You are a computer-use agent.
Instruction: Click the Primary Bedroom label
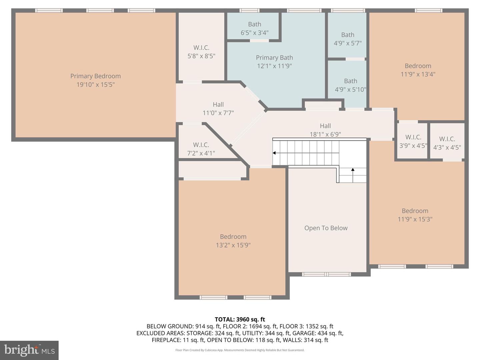tap(95, 76)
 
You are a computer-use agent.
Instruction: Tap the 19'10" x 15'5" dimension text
tap(95, 85)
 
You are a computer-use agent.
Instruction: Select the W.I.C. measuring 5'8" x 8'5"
tap(201, 52)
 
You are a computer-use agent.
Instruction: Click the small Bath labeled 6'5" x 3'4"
tap(254, 28)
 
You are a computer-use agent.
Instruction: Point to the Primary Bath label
tap(274, 58)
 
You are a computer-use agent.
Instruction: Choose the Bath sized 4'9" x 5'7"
tap(347, 39)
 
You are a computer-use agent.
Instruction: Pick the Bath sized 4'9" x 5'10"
tap(350, 85)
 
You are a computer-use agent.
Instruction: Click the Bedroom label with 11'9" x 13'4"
tap(418, 66)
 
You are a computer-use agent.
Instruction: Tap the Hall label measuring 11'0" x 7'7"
tap(218, 105)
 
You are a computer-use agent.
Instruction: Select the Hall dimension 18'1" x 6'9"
tap(325, 134)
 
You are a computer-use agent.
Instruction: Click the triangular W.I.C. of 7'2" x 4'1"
tap(201, 149)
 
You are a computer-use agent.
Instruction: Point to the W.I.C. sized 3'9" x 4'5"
tap(413, 141)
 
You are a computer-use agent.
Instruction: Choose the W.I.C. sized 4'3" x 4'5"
tap(447, 143)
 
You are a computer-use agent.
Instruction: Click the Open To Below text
tap(326, 228)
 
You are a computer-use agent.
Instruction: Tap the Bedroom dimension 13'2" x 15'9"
tap(233, 245)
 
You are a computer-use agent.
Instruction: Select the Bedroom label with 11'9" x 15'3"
tap(415, 211)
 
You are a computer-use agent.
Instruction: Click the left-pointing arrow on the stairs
tap(274, 153)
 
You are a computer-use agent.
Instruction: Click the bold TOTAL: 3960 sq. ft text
tap(240, 319)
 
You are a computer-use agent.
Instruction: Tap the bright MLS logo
tap(29, 350)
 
